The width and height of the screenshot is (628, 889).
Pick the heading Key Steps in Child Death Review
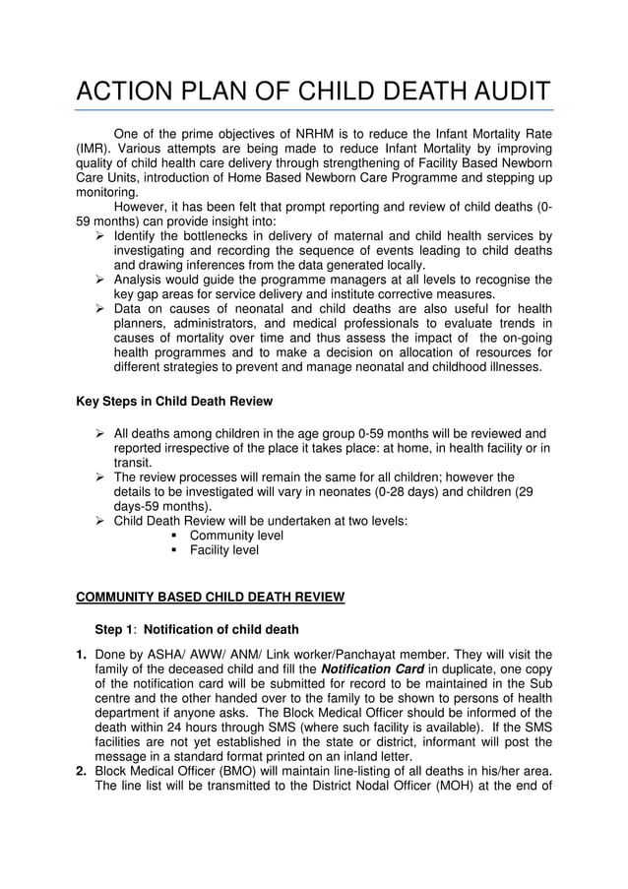(x=174, y=401)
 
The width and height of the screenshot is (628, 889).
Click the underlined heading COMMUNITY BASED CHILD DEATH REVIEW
(x=211, y=597)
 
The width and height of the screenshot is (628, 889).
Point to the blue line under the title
(x=314, y=110)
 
